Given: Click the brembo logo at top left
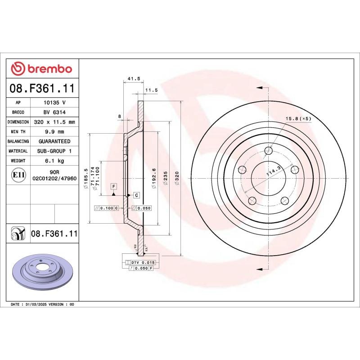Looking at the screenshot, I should click(x=41, y=68).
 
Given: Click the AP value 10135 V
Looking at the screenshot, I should click(x=54, y=103).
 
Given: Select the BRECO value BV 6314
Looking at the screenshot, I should click(x=54, y=112).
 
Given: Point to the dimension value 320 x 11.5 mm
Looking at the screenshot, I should click(x=54, y=122).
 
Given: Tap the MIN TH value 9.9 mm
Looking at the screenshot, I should click(x=54, y=131).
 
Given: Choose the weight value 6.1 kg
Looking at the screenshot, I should click(x=54, y=161).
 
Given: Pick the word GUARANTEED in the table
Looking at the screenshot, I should click(x=54, y=141).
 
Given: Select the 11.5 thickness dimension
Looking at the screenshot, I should click(x=152, y=90).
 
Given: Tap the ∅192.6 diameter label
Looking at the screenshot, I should click(x=154, y=178).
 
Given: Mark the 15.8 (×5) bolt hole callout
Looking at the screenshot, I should click(x=298, y=119).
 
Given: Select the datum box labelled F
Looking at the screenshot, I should click(x=113, y=186).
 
